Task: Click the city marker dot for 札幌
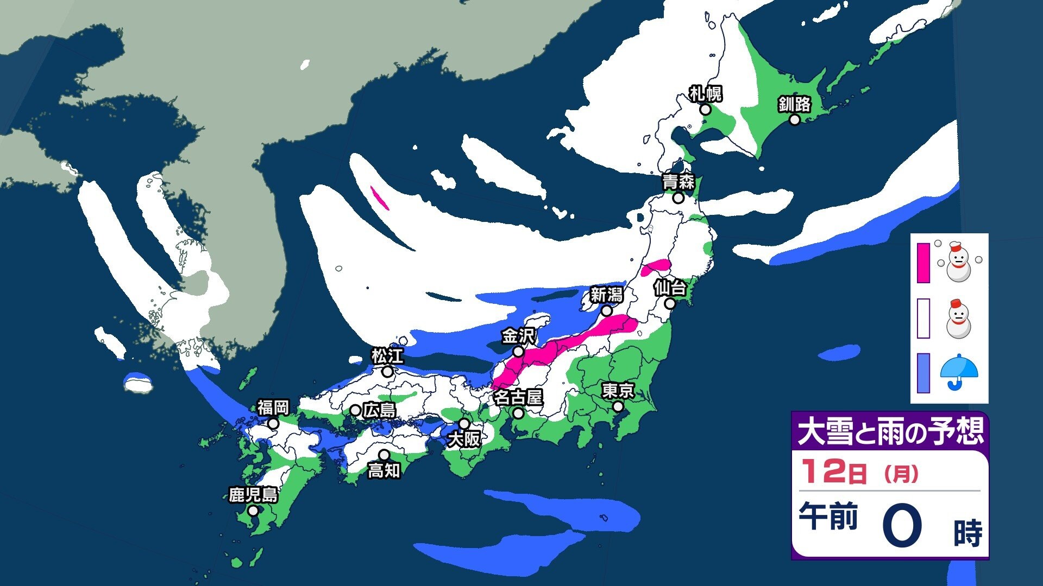coord(705,110)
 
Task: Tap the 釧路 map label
coord(794,104)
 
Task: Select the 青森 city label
coord(678,182)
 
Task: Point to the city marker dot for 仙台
coord(670,304)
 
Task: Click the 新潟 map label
coord(606,295)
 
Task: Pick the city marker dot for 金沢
coord(519,352)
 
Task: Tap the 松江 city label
coord(387,356)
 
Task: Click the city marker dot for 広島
coord(355,410)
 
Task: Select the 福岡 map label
coord(273,407)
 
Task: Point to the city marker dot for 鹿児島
coord(253,511)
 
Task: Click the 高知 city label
coord(384,470)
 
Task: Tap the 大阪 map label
coord(464,439)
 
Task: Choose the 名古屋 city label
coord(518,398)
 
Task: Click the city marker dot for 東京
coord(618,406)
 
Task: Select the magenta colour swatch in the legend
coord(923,263)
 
